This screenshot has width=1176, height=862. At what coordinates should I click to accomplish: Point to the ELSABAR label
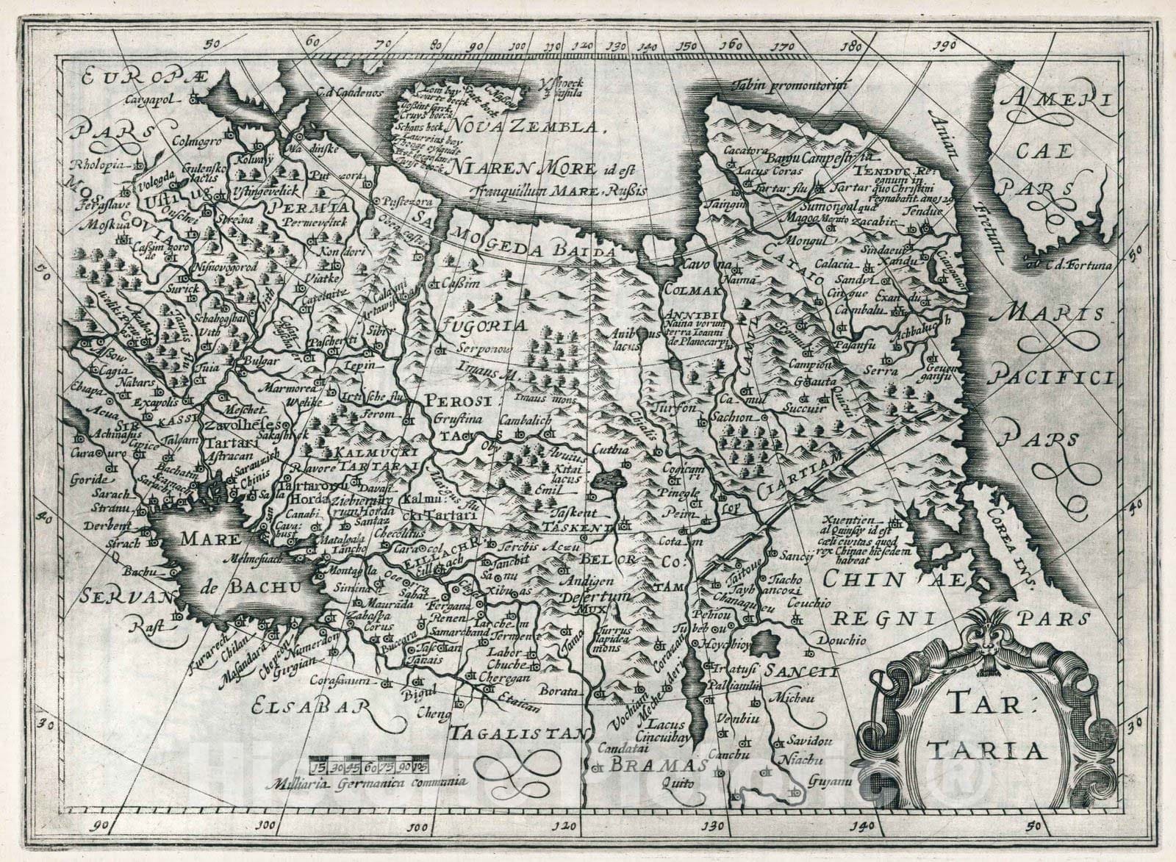(x=307, y=707)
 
